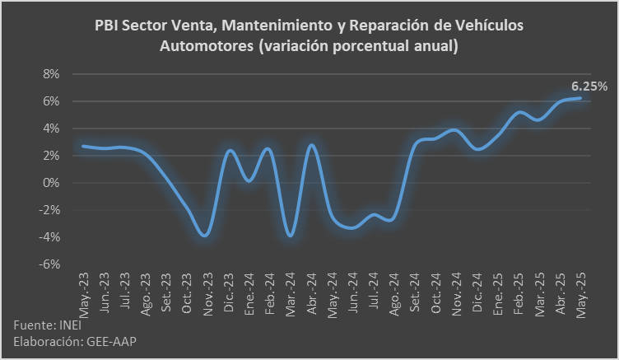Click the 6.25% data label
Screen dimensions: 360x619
pos(589,86)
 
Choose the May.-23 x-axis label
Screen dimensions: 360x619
pos(85,294)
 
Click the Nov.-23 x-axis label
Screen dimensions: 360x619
pos(209,294)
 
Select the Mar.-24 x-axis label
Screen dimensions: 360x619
pos(292,294)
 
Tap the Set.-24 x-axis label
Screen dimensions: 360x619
pos(417,294)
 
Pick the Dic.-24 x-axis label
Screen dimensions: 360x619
pos(478,294)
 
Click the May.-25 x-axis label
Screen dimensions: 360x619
pos(582,294)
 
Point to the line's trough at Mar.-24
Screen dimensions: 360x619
pos(290,236)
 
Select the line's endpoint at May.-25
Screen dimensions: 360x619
pos(580,98)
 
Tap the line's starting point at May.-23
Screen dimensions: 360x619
pos(82,146)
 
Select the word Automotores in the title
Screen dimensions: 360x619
pos(204,47)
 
